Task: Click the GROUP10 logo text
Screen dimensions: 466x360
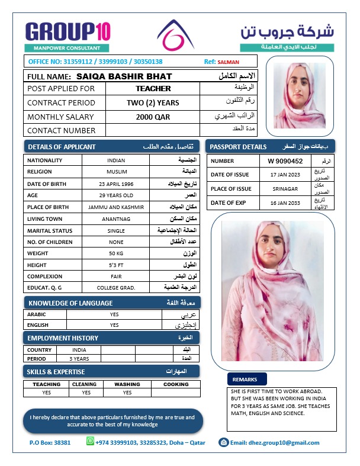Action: pyautogui.click(x=67, y=31)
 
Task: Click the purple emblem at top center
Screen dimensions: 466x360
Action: pyautogui.click(x=178, y=36)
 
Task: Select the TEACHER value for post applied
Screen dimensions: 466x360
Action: pyautogui.click(x=153, y=89)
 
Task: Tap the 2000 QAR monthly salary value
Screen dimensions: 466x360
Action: pyautogui.click(x=153, y=117)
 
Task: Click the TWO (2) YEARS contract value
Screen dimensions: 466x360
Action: pyautogui.click(x=153, y=103)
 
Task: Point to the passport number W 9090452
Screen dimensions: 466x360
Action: pyautogui.click(x=285, y=161)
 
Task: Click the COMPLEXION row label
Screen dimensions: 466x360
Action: pyautogui.click(x=46, y=276)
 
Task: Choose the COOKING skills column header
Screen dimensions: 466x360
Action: pyautogui.click(x=176, y=384)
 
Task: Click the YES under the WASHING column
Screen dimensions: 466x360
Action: pyautogui.click(x=127, y=393)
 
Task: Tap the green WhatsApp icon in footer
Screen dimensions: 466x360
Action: pyautogui.click(x=91, y=441)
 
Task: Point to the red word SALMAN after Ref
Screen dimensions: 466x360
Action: pyautogui.click(x=229, y=62)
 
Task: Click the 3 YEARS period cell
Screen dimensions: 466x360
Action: pyautogui.click(x=79, y=358)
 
